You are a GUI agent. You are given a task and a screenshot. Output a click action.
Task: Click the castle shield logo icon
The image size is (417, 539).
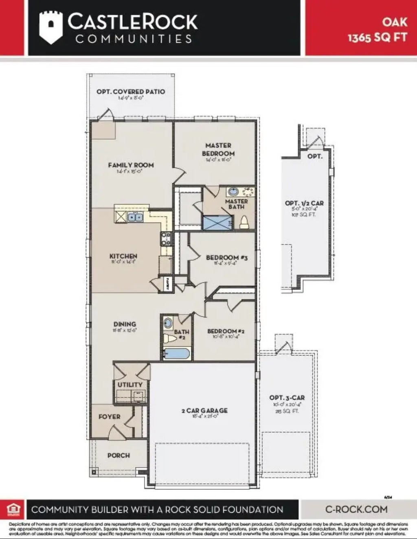coord(50,27)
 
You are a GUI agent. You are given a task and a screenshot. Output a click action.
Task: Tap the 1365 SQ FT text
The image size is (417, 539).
coord(377,37)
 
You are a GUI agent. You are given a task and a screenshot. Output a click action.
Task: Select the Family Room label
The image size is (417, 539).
coord(131,165)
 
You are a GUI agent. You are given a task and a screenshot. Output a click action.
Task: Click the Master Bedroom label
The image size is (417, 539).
coord(218,149)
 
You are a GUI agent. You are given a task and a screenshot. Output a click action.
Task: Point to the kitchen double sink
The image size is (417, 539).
coord(135,217)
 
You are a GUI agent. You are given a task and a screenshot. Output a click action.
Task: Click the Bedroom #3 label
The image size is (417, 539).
coord(226,258)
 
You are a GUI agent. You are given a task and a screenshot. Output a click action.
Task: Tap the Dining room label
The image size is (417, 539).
coord(125,324)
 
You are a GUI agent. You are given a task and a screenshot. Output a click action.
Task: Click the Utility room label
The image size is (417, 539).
coord(130,385)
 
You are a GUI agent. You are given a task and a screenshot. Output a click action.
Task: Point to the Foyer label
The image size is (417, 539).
coord(109,417)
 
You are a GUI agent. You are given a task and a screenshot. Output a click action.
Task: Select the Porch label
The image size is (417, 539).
coord(119,456)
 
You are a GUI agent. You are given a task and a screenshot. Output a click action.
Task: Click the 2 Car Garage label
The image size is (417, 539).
coord(204,411)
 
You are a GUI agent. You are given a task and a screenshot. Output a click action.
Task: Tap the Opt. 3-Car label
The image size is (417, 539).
coord(287,398)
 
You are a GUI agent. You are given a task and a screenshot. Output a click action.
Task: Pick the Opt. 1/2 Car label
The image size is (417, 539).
coord(304,203)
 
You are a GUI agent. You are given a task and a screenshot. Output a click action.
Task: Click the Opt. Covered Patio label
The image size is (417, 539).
coord(131,92)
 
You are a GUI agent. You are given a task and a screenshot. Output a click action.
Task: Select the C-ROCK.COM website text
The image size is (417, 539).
coord(356,509)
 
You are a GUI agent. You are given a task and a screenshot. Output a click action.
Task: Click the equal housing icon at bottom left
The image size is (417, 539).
coord(13,509)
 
